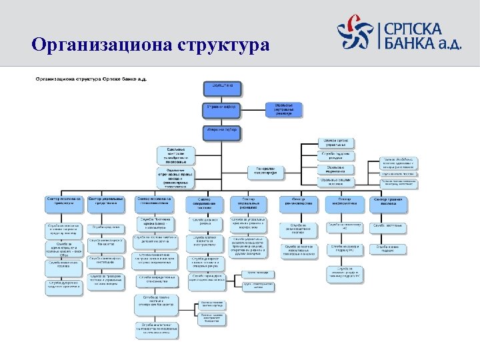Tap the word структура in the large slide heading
point(223,45)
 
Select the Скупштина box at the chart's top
point(223,87)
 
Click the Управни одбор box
point(223,108)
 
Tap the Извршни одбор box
point(223,130)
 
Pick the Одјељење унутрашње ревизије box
point(284,108)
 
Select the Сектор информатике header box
point(345,201)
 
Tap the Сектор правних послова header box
point(390,201)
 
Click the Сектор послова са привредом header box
point(65,201)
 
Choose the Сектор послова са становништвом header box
point(154,201)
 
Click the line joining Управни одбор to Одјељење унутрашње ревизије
point(255,108)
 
